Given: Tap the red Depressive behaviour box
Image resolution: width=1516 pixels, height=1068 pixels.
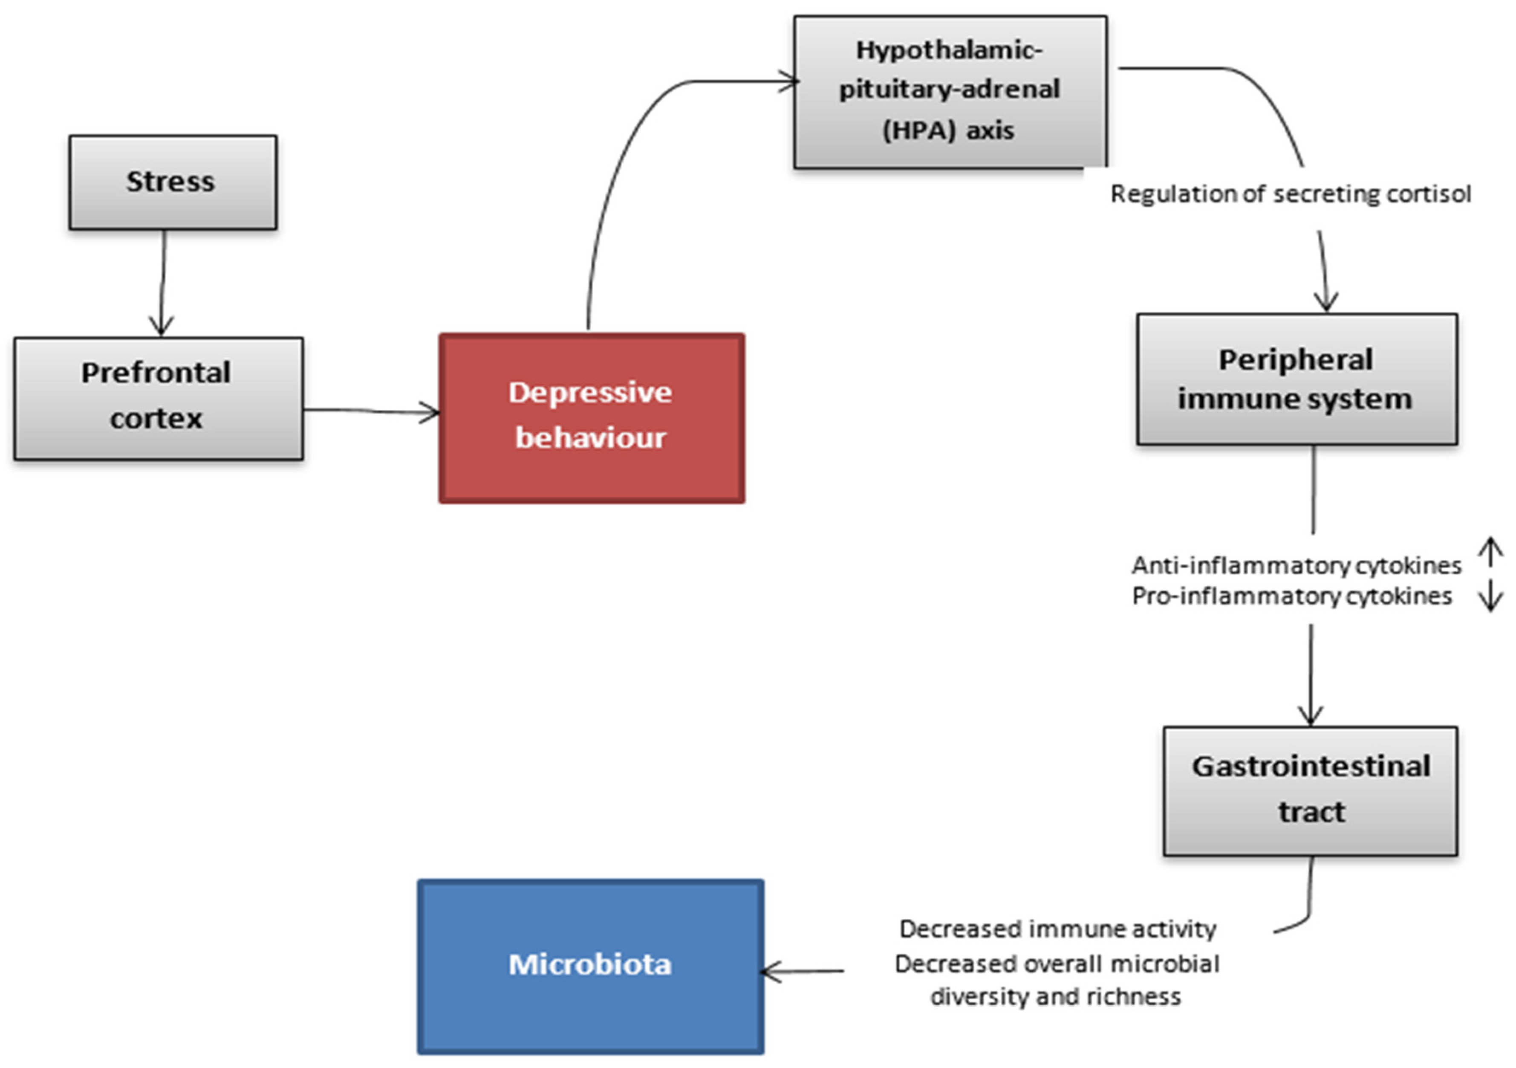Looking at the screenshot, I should click(x=591, y=418).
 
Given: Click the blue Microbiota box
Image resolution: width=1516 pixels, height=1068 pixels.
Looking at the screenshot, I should click(x=590, y=966).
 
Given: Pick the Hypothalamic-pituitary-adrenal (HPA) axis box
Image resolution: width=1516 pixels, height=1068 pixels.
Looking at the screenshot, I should click(x=950, y=91).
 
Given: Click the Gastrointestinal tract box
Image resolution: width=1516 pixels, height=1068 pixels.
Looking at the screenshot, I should click(x=1310, y=790).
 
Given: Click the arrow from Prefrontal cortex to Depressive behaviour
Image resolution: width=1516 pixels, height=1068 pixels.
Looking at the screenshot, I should click(x=370, y=411).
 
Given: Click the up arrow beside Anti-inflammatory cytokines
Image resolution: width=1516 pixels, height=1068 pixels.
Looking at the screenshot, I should click(x=1490, y=553).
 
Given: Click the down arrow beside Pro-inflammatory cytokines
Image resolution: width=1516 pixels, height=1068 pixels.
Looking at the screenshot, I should click(x=1490, y=596).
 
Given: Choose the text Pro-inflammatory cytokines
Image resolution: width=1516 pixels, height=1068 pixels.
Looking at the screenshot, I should click(x=1291, y=596).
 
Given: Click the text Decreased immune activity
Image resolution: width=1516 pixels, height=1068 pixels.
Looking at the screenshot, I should click(x=1057, y=929).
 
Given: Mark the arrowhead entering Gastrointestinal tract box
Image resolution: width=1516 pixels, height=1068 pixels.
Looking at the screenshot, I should click(x=1310, y=717).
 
